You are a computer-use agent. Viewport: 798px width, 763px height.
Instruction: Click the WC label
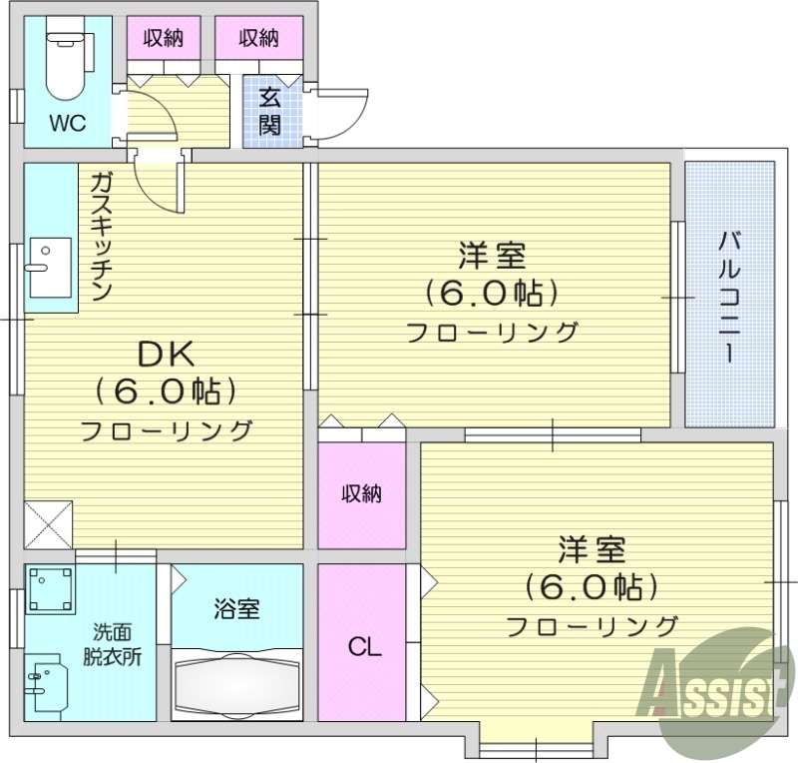tap(69, 124)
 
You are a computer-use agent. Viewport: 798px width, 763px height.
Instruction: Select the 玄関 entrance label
tap(269, 112)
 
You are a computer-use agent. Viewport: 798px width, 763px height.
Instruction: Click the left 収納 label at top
tap(163, 39)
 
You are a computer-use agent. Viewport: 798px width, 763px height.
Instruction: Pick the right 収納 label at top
tap(259, 39)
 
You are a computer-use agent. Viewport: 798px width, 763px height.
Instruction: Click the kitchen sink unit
tap(49, 267)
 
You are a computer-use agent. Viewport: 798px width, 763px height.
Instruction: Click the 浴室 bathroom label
tap(236, 608)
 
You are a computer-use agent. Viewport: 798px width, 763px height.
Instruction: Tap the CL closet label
tap(364, 647)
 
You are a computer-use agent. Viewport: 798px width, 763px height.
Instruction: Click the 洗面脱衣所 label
tap(112, 644)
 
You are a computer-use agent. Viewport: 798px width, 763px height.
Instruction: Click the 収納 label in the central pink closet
tap(361, 493)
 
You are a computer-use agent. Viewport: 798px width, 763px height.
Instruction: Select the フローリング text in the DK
tap(166, 431)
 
